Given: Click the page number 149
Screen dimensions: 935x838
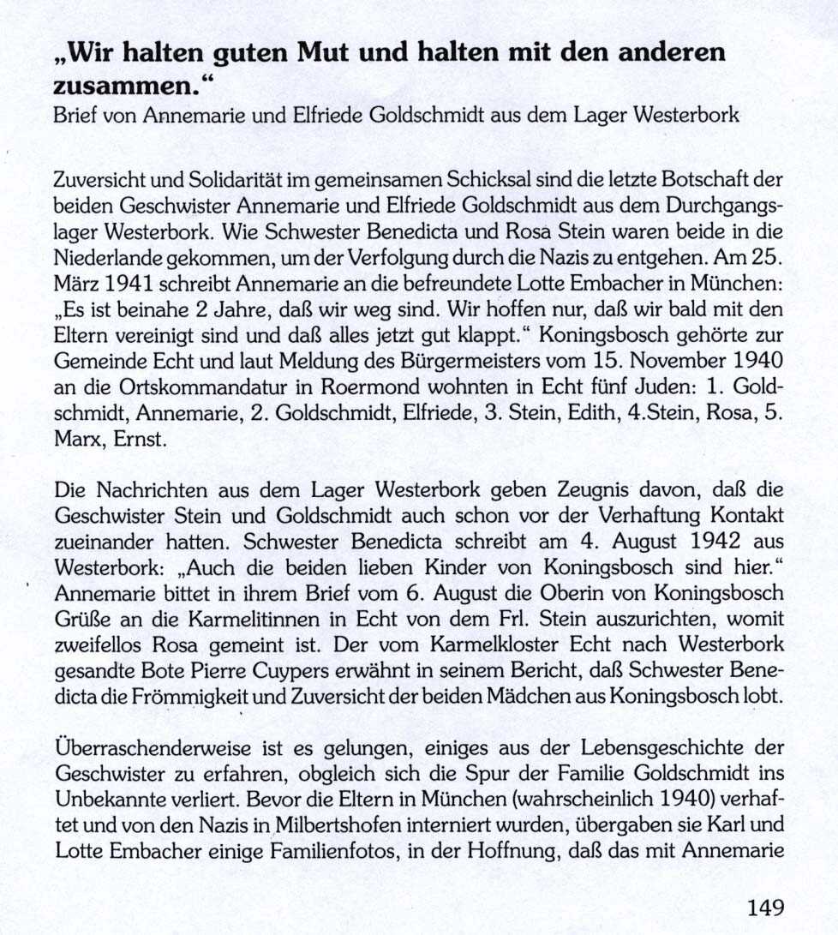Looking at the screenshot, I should point(764,907).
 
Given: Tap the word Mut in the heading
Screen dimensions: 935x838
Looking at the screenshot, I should point(326,53).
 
